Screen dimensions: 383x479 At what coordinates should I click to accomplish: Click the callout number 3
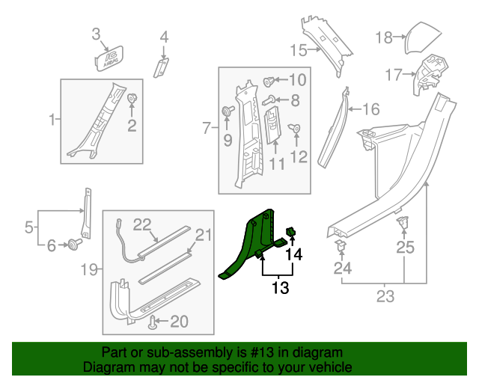point(96,34)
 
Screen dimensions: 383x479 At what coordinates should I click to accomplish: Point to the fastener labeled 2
point(132,99)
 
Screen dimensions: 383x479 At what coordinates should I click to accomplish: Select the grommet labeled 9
point(225,112)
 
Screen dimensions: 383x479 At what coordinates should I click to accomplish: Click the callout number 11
point(278,162)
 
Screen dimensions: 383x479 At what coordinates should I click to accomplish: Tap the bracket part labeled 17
point(428,73)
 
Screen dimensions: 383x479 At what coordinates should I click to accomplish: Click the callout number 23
point(385,297)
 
